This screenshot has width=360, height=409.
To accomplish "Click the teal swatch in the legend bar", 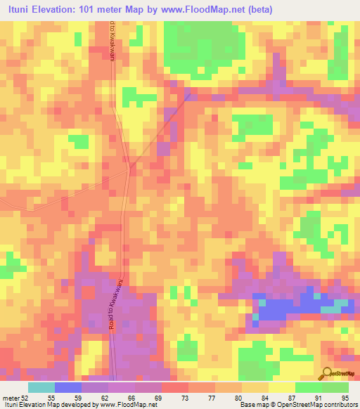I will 41,387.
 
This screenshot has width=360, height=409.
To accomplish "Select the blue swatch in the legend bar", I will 68,387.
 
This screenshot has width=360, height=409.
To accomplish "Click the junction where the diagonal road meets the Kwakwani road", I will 131,167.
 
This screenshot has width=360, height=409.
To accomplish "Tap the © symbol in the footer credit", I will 262,405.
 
